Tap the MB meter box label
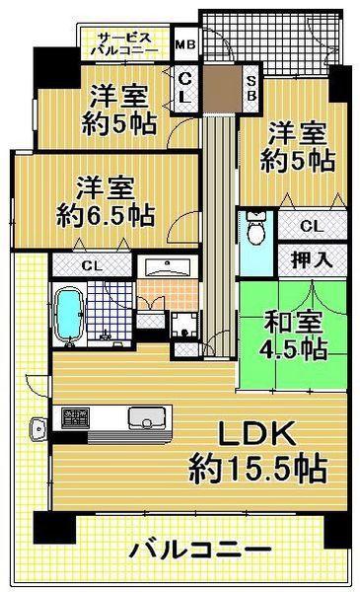(184, 43)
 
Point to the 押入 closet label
(310, 259)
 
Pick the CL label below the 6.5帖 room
(90, 265)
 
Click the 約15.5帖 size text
(258, 471)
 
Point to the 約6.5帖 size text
(104, 214)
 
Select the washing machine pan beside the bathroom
(183, 323)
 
